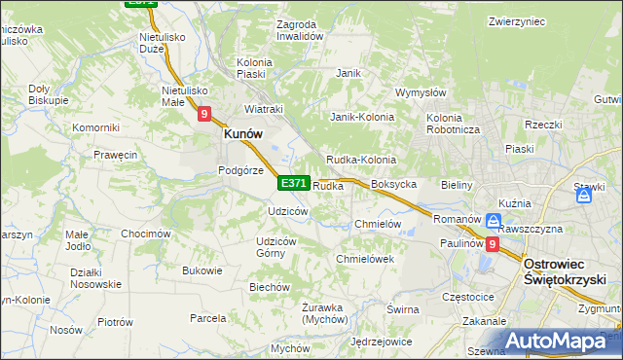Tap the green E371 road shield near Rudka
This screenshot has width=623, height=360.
(294, 183)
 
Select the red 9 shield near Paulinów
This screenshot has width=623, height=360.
(493, 245)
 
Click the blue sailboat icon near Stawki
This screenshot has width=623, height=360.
(584, 196)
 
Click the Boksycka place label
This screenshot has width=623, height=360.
(394, 184)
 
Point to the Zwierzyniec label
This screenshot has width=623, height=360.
(516, 20)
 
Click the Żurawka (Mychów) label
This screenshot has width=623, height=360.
(324, 313)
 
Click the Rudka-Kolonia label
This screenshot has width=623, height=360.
(360, 160)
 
